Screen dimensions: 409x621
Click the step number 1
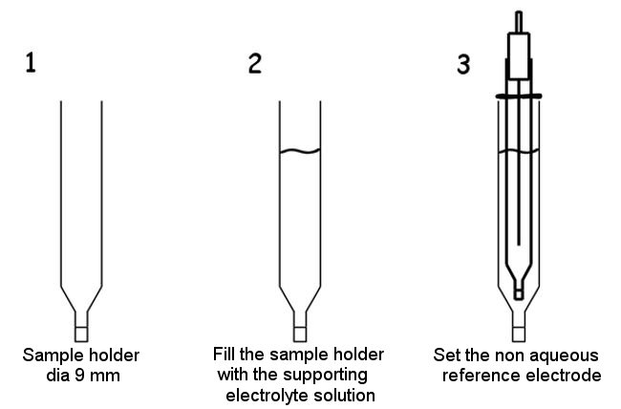click(x=32, y=64)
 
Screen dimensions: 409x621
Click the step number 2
click(x=254, y=64)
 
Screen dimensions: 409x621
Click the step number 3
click(x=463, y=64)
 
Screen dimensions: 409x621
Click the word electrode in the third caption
click(x=566, y=376)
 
